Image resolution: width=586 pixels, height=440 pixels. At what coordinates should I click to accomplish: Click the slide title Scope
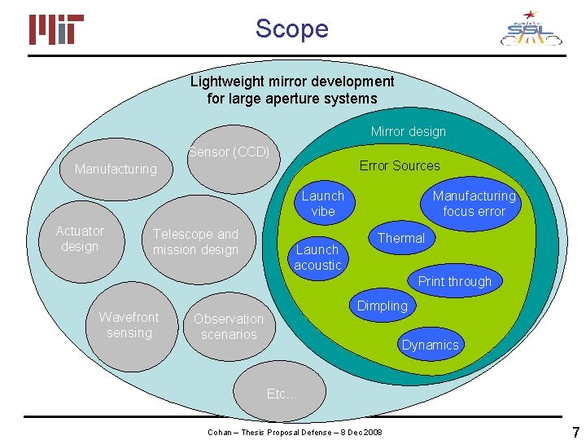[x=291, y=29]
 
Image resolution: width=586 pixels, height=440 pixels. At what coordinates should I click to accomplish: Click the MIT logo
[x=57, y=30]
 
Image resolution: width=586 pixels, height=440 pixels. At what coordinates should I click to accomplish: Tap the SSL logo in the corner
[x=530, y=29]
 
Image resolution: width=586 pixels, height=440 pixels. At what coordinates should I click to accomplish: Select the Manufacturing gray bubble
[x=116, y=169]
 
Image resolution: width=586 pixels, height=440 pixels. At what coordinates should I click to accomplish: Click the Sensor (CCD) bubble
[x=229, y=152]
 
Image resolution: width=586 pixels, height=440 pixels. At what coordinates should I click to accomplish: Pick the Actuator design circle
[x=80, y=239]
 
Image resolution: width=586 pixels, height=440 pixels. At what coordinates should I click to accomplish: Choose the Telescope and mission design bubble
[x=196, y=242]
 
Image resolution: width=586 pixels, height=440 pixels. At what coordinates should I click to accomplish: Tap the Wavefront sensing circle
[x=129, y=324]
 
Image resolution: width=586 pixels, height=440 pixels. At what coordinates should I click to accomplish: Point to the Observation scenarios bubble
[x=229, y=327]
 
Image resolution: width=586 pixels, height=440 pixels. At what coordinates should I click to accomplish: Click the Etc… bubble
[x=282, y=394]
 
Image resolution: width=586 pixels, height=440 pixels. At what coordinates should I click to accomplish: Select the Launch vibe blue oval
[x=323, y=203]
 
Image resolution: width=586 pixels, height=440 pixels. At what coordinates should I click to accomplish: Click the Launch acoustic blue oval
[x=317, y=257]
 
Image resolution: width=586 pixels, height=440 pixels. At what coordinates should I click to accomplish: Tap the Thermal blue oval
[x=401, y=238]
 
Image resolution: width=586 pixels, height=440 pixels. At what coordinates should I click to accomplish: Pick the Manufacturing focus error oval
[x=474, y=203]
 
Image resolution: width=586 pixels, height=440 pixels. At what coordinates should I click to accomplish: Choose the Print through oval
[x=455, y=281]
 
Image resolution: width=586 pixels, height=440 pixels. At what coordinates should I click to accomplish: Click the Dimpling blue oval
[x=382, y=306]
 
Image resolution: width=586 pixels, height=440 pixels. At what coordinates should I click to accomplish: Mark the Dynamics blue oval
[x=430, y=345]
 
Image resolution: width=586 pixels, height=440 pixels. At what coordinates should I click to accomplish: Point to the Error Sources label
[x=400, y=165]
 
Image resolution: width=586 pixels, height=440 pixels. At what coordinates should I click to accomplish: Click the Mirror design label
[x=409, y=131]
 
